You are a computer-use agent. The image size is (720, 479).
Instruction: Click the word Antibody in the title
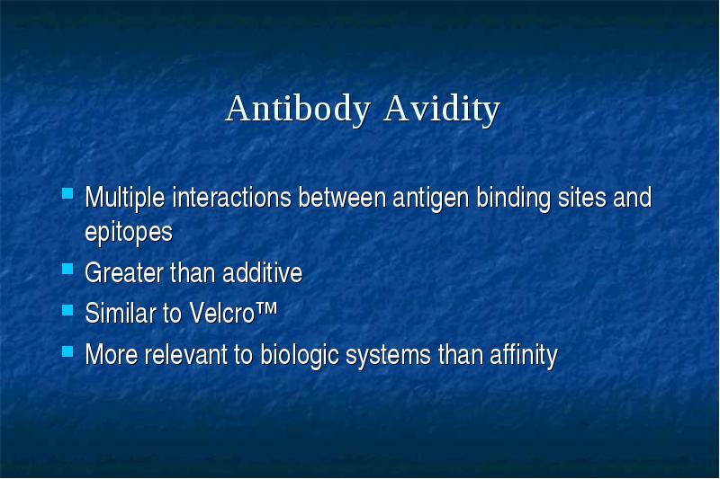tap(298, 109)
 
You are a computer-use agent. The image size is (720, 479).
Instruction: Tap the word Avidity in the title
tap(442, 109)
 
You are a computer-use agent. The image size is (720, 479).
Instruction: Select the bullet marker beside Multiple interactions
tap(67, 193)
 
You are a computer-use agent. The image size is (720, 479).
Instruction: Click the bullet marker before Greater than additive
tap(67, 269)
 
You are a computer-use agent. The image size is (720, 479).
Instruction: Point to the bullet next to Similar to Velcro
tap(67, 310)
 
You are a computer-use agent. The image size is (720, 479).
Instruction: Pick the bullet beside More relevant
tap(67, 351)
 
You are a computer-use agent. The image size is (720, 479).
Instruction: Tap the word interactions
tap(232, 198)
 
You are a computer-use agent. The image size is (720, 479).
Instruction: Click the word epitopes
tap(129, 232)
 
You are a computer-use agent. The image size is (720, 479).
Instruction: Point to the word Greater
tap(124, 272)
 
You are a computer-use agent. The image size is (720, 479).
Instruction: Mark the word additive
tap(262, 272)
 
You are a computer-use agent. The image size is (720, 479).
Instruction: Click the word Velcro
tap(221, 313)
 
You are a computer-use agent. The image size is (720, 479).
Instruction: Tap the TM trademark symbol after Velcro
tap(265, 308)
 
